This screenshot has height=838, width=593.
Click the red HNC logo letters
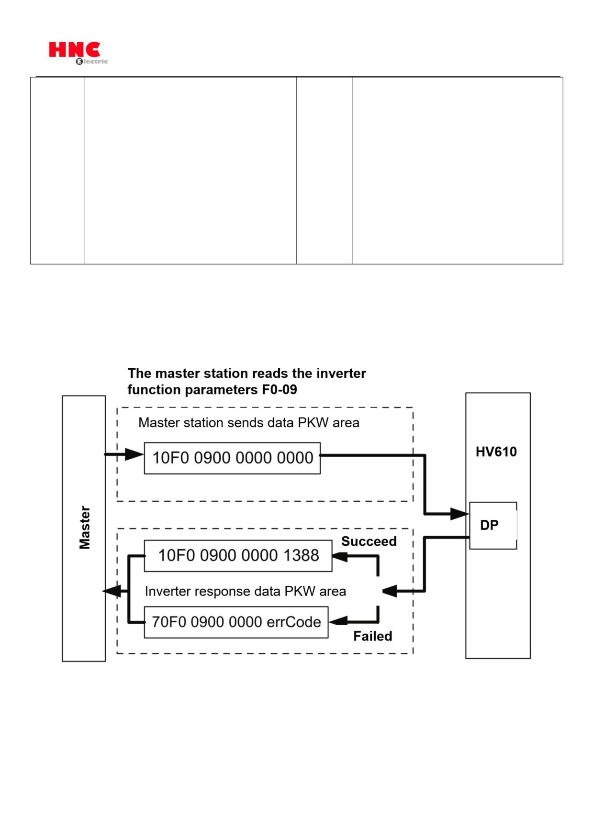[x=74, y=49]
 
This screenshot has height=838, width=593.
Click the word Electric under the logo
[x=92, y=61]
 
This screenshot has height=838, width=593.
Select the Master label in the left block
[x=85, y=528]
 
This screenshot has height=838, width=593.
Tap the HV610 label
[x=496, y=452]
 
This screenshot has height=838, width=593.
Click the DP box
[x=493, y=525]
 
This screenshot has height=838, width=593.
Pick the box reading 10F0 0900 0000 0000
[x=232, y=458]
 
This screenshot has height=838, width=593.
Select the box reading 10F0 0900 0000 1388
[x=238, y=556]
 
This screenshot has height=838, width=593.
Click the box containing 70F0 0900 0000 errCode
[x=236, y=622]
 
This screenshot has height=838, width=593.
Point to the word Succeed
[x=369, y=541]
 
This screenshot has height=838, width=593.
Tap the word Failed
[x=373, y=636]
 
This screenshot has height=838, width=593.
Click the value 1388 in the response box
[x=301, y=555]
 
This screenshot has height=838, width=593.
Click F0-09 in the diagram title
[x=280, y=390]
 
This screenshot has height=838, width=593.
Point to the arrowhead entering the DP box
[x=459, y=514]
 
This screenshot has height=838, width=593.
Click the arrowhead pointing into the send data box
[x=134, y=454]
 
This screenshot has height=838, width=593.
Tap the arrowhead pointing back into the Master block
[x=112, y=592]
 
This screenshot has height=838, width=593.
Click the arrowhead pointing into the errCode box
[x=338, y=621]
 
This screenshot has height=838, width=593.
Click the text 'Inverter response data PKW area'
[x=246, y=592]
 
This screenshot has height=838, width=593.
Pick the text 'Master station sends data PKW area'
[x=249, y=423]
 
